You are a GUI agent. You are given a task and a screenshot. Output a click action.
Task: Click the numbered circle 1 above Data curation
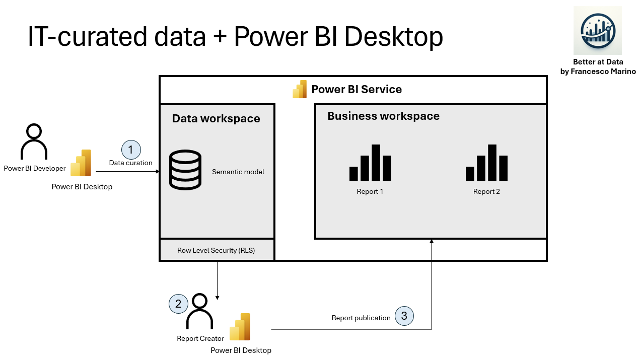point(131,150)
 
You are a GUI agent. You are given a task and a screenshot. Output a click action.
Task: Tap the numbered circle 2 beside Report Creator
point(178,304)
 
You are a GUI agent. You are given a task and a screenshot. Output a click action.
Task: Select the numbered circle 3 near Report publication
point(404,316)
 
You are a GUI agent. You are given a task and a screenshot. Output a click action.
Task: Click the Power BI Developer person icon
point(34,142)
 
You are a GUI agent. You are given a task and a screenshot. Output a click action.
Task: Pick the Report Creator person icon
point(200,312)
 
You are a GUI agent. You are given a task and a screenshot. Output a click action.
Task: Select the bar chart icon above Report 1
point(370,163)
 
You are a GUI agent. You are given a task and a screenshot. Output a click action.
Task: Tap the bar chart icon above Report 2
point(486,163)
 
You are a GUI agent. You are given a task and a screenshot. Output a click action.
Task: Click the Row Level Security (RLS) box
point(217,250)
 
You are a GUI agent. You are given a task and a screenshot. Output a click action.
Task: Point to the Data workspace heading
point(216,119)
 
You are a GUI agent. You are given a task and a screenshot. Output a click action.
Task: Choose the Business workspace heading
point(383,116)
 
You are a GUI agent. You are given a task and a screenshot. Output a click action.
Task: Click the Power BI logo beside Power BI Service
point(300,89)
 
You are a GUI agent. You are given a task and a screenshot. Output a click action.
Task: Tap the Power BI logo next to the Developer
point(81,163)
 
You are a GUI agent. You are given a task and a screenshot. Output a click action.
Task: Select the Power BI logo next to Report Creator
point(240,327)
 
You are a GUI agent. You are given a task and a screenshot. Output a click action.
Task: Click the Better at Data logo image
point(598,31)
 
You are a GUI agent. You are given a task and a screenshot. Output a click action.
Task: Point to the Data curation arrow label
point(131,163)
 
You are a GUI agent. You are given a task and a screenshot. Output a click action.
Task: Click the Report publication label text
point(361,318)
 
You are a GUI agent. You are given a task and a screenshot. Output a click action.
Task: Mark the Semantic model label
point(238,172)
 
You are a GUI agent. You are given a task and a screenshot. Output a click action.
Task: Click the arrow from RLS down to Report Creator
point(217,280)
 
